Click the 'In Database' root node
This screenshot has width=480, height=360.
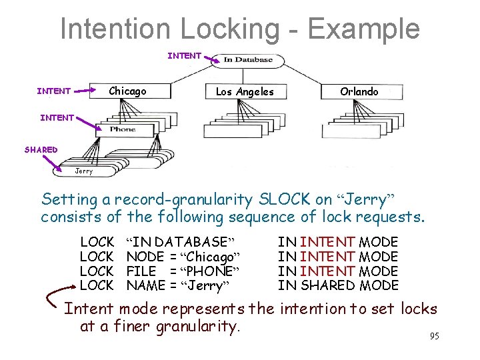pyautogui.click(x=247, y=60)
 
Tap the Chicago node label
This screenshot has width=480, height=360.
pyautogui.click(x=127, y=91)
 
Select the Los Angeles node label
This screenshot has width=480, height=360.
pyautogui.click(x=245, y=91)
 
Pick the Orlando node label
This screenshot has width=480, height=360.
pyautogui.click(x=359, y=91)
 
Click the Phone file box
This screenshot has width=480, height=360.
pyautogui.click(x=122, y=129)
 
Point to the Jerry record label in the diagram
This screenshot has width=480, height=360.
pyautogui.click(x=84, y=171)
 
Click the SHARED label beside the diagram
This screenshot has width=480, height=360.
pyautogui.click(x=41, y=150)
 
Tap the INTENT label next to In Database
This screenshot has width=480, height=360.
pyautogui.click(x=184, y=56)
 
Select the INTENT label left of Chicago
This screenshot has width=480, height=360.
pyautogui.click(x=53, y=91)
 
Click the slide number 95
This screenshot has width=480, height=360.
pyautogui.click(x=434, y=336)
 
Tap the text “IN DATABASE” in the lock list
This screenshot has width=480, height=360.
pyautogui.click(x=182, y=242)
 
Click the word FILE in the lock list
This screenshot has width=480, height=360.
pyautogui.click(x=141, y=271)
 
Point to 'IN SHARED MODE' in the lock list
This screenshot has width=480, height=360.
pyautogui.click(x=338, y=286)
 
